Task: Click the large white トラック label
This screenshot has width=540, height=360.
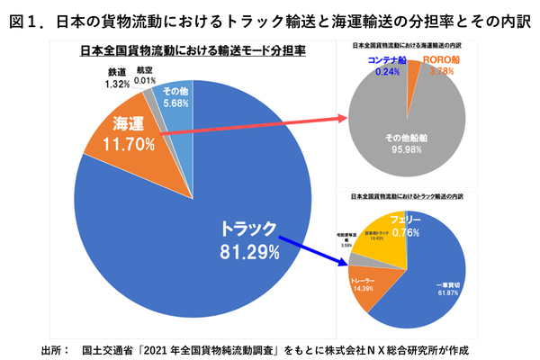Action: (x=248, y=229)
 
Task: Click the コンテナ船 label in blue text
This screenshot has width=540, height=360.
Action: (x=387, y=60)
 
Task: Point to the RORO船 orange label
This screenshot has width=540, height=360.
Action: (x=443, y=60)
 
